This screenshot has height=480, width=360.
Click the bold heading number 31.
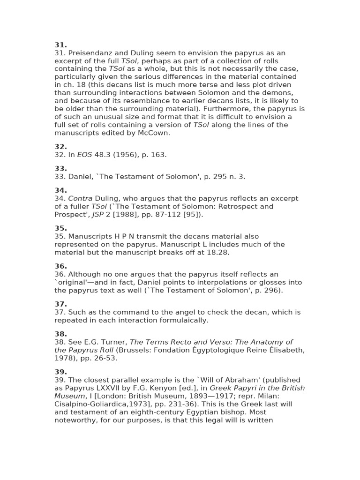[x=60, y=45]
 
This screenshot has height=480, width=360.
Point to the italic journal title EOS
[x=84, y=155]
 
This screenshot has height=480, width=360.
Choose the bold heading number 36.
[x=60, y=266]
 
